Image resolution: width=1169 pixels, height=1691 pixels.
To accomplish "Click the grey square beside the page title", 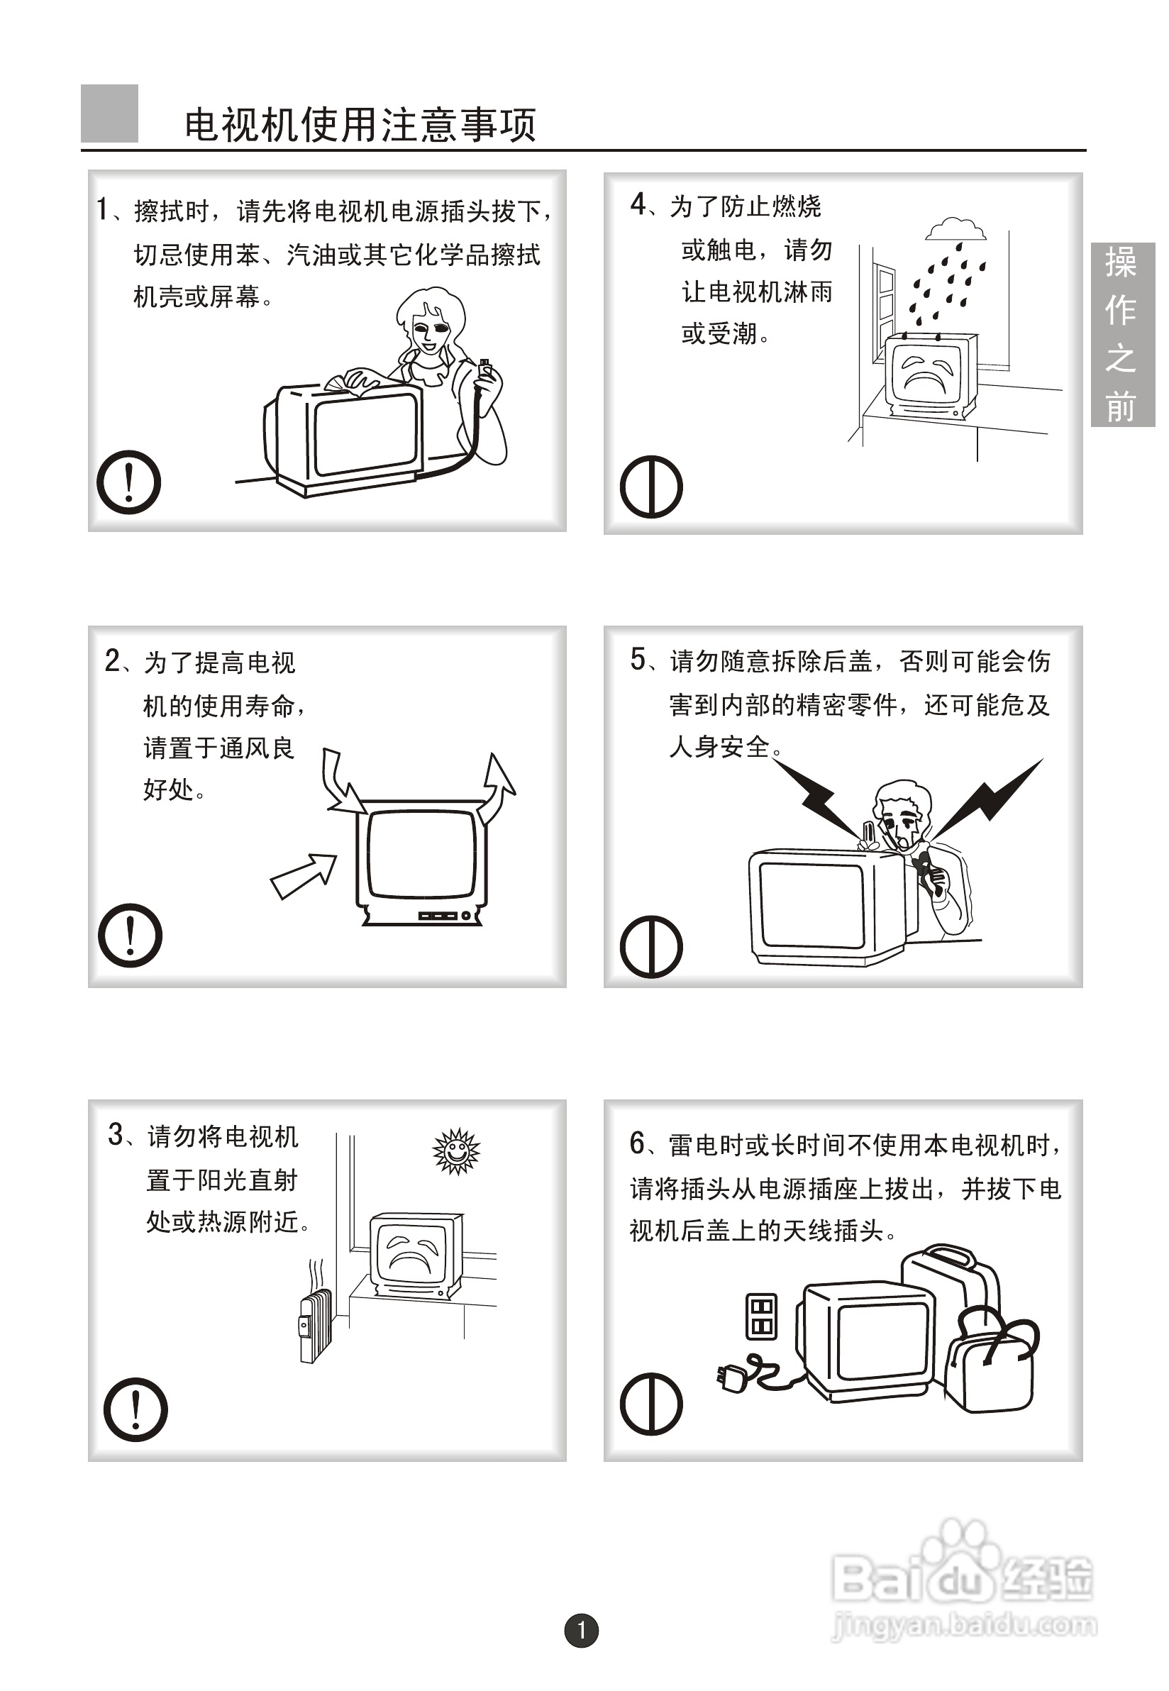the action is pyautogui.click(x=109, y=113).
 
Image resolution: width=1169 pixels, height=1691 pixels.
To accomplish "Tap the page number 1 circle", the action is pyautogui.click(x=582, y=1630).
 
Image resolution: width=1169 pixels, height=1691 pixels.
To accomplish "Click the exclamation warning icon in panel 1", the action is pyautogui.click(x=129, y=482).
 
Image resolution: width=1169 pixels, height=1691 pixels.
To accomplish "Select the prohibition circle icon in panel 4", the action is pyautogui.click(x=651, y=487).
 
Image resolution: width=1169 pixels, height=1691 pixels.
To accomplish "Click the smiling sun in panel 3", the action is pyautogui.click(x=456, y=1151).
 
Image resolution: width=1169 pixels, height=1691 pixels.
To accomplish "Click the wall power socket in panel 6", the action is pyautogui.click(x=761, y=1316).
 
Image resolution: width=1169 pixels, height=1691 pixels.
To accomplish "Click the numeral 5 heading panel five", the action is pyautogui.click(x=638, y=659).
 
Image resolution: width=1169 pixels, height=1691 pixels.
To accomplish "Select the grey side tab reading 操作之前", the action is pyautogui.click(x=1122, y=334).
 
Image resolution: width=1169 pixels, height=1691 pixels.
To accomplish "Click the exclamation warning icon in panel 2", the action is pyautogui.click(x=130, y=935).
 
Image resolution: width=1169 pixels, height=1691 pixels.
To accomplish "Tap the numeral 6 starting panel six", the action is pyautogui.click(x=637, y=1143).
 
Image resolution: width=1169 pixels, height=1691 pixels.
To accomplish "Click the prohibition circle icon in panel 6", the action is pyautogui.click(x=651, y=1403).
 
